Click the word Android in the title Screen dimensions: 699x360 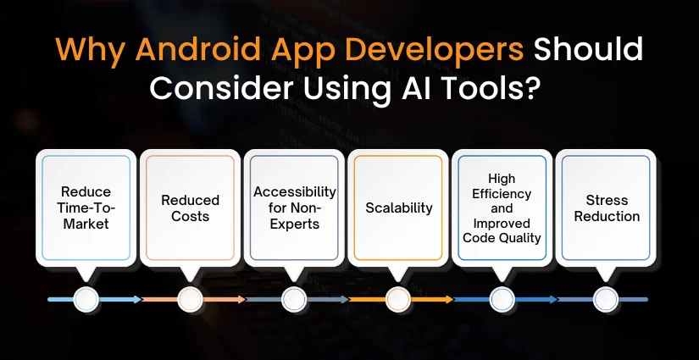[197, 49]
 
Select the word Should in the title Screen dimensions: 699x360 [588, 49]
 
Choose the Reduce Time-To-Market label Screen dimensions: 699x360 [86, 208]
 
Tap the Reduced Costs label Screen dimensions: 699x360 [191, 208]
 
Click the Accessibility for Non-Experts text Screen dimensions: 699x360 [295, 208]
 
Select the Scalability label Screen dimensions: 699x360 [399, 208]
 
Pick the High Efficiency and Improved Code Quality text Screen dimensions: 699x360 [502, 208]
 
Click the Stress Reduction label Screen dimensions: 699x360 [607, 208]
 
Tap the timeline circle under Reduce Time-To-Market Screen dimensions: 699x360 [86, 299]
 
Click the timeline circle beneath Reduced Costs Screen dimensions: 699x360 [191, 299]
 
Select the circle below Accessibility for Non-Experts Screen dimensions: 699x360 [294, 299]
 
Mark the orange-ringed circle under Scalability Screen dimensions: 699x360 [398, 299]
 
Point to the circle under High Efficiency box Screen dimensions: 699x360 [502, 299]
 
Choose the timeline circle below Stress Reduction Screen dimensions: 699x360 [607, 299]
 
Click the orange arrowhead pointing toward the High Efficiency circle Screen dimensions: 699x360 [449, 299]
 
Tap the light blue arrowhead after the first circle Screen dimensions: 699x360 [137, 299]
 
